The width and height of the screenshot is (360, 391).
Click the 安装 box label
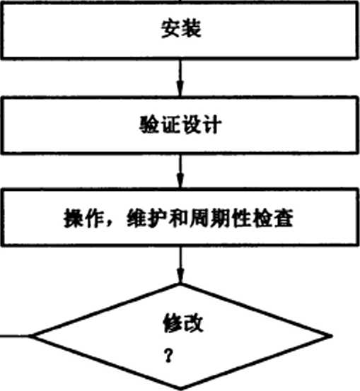(x=181, y=29)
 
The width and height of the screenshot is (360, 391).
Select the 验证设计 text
(x=180, y=124)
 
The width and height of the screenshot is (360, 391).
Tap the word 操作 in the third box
(x=83, y=218)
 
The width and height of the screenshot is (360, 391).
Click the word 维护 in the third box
(x=146, y=218)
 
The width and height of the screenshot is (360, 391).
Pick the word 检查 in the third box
(x=273, y=218)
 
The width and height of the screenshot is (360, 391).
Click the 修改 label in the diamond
(x=183, y=323)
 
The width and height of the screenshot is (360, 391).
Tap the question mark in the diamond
(x=168, y=356)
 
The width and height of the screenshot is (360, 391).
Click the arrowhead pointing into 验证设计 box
(x=180, y=88)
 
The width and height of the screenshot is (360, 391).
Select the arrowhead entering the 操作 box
(x=180, y=181)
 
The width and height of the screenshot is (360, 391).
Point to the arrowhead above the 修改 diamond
(x=180, y=276)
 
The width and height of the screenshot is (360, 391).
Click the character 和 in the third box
(x=178, y=218)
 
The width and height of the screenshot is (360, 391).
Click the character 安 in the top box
(x=170, y=29)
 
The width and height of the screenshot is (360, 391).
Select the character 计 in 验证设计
(x=212, y=124)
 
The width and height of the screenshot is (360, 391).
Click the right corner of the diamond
(x=332, y=336)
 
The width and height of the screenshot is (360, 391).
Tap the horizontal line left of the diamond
(x=15, y=336)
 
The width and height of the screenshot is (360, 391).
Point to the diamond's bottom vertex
(x=180, y=390)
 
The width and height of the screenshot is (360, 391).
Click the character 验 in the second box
(x=149, y=124)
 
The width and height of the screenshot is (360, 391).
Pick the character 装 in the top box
(x=192, y=29)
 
